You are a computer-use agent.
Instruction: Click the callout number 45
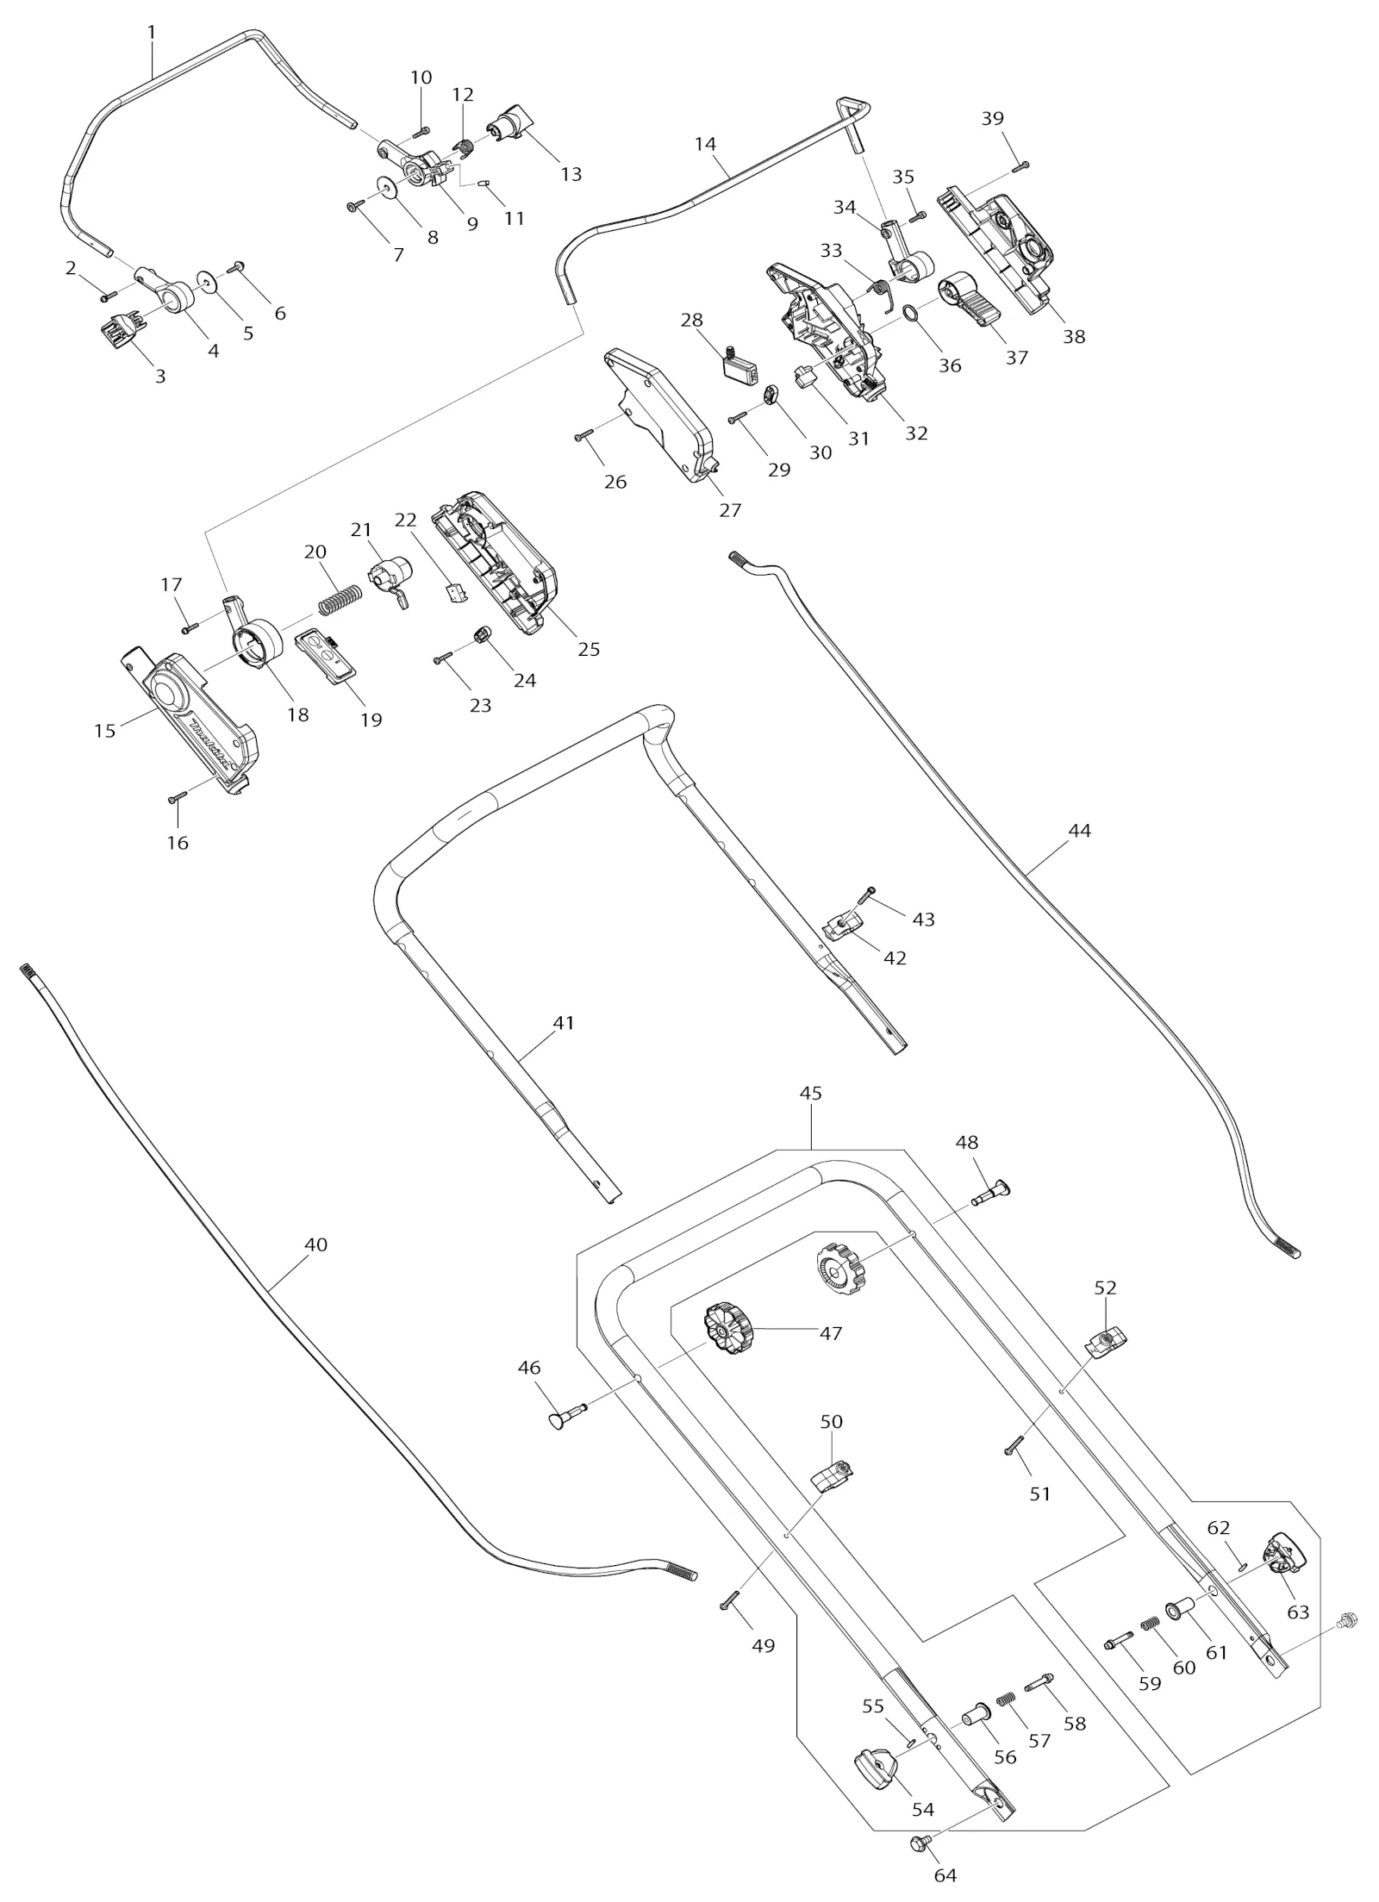pos(810,1094)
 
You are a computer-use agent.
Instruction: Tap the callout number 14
pos(705,144)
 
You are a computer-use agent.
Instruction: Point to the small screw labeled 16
pos(178,798)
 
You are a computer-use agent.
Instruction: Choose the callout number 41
pos(563,1023)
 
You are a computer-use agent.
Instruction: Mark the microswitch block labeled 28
pos(740,365)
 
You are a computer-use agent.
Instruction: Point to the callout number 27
pos(730,510)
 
